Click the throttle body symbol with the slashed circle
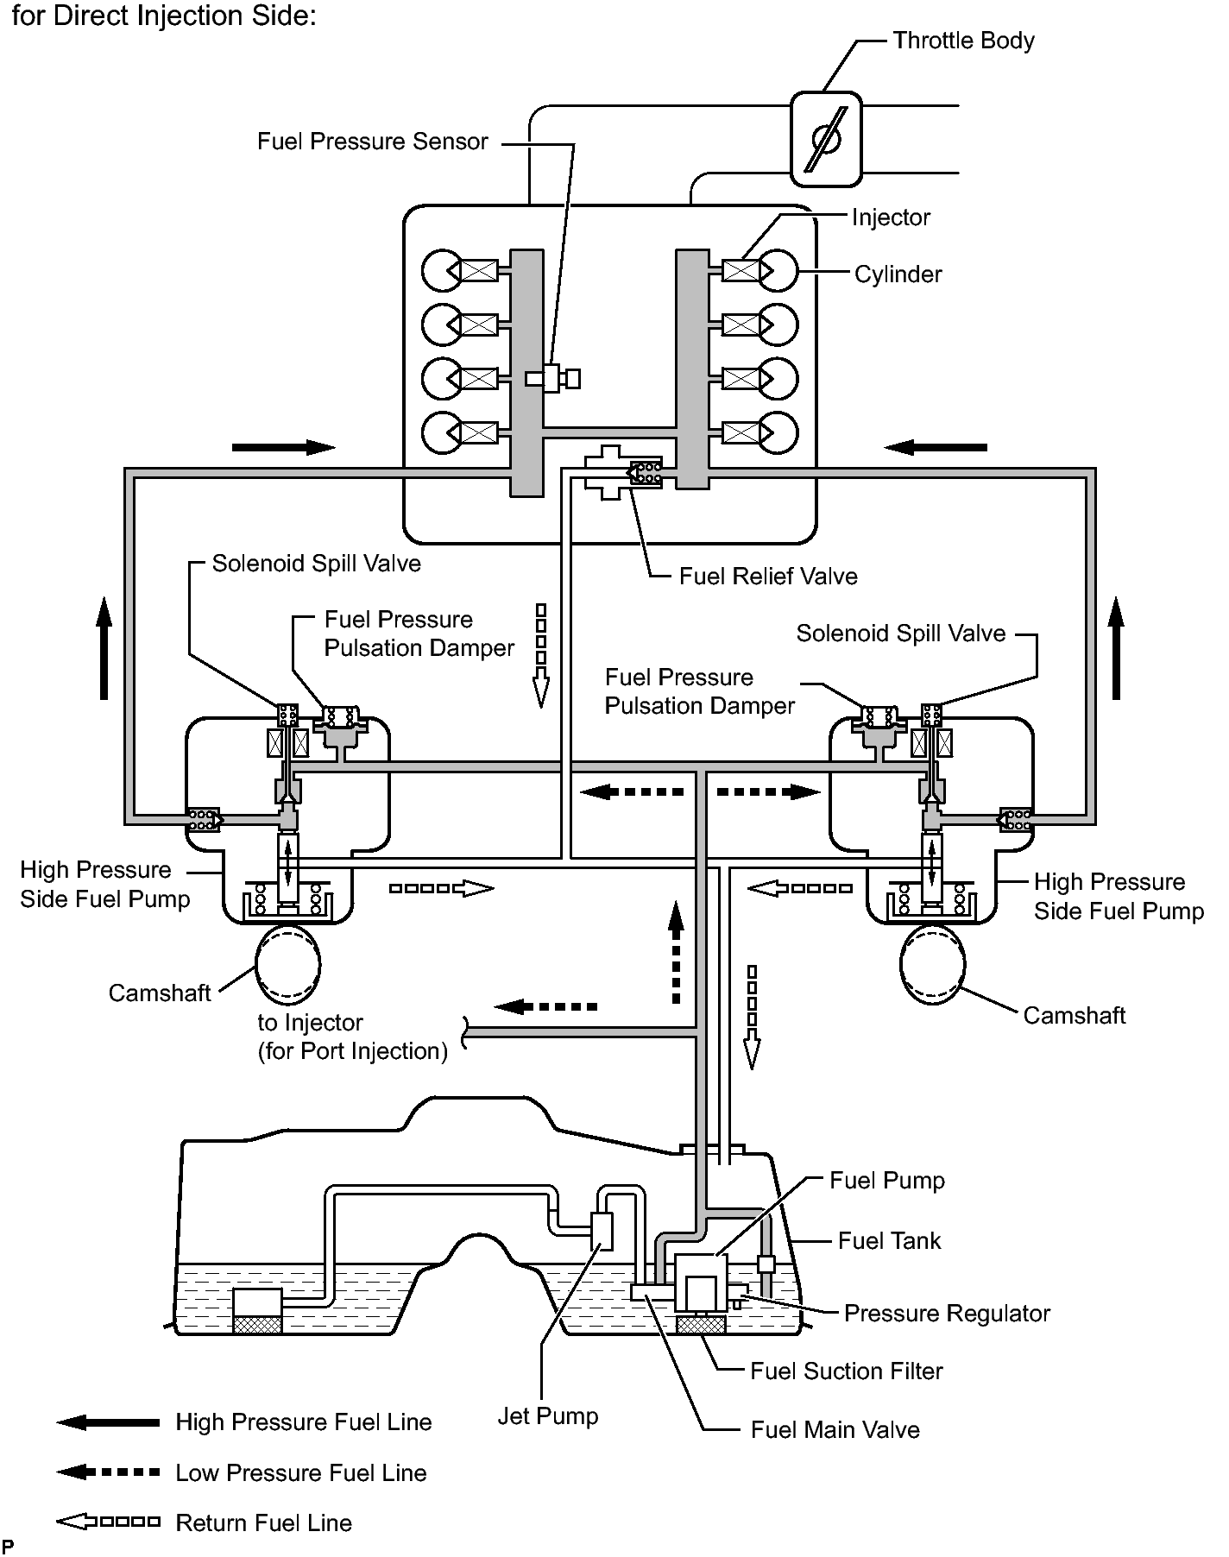826,139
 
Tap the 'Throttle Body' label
963,41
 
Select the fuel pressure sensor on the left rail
552,378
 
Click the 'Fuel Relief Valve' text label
768,576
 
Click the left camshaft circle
287,961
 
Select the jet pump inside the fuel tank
602,1231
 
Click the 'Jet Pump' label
548,1416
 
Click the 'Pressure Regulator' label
947,1313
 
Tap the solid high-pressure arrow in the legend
108,1422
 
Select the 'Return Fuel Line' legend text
263,1522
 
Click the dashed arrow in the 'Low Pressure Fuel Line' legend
108,1472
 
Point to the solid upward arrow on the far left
104,647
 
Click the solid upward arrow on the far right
1116,647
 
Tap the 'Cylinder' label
898,274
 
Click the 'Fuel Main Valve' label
835,1430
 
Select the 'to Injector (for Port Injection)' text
353,1037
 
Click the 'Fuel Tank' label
889,1241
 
